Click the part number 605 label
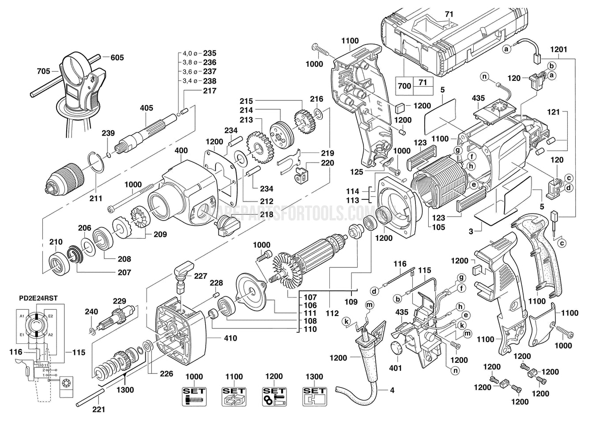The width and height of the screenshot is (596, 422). [117, 57]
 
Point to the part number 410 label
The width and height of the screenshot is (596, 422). [230, 338]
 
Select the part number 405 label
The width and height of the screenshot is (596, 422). [146, 108]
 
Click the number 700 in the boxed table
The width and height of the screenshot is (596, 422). [404, 86]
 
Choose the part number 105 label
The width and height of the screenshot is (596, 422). [438, 227]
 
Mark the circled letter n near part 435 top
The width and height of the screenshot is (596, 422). [484, 77]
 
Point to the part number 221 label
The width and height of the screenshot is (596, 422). [98, 409]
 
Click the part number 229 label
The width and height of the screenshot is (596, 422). [120, 301]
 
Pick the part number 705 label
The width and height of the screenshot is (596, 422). [43, 70]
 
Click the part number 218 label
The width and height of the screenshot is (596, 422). [254, 214]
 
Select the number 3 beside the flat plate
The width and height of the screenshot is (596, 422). [471, 232]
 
